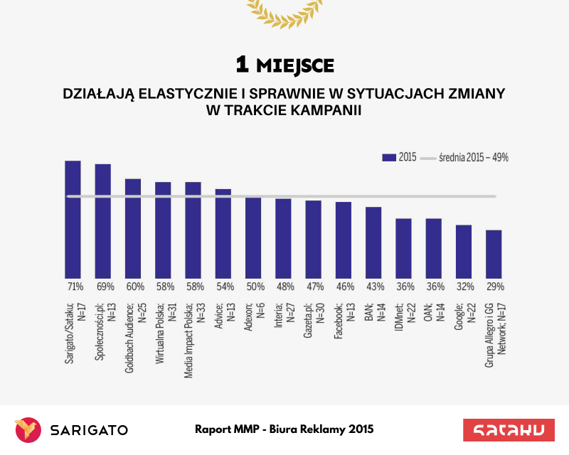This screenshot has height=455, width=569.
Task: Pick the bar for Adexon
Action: pos(253,237)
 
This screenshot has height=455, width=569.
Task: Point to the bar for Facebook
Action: pos(344,240)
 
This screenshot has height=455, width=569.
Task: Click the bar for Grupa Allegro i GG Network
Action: pos(494,254)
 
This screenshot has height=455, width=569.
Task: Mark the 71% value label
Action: pos(73,287)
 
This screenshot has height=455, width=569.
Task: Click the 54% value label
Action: pos(223,287)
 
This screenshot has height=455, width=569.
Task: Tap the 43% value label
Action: pos(373,287)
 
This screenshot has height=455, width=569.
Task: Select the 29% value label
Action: pos(494,287)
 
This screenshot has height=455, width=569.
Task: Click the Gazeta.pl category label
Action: pos(314,328)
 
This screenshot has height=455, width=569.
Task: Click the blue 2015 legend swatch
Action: pos(388,157)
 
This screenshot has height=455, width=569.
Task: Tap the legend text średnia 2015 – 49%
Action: pos(473,157)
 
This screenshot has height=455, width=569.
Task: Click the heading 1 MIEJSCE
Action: pos(284,65)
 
